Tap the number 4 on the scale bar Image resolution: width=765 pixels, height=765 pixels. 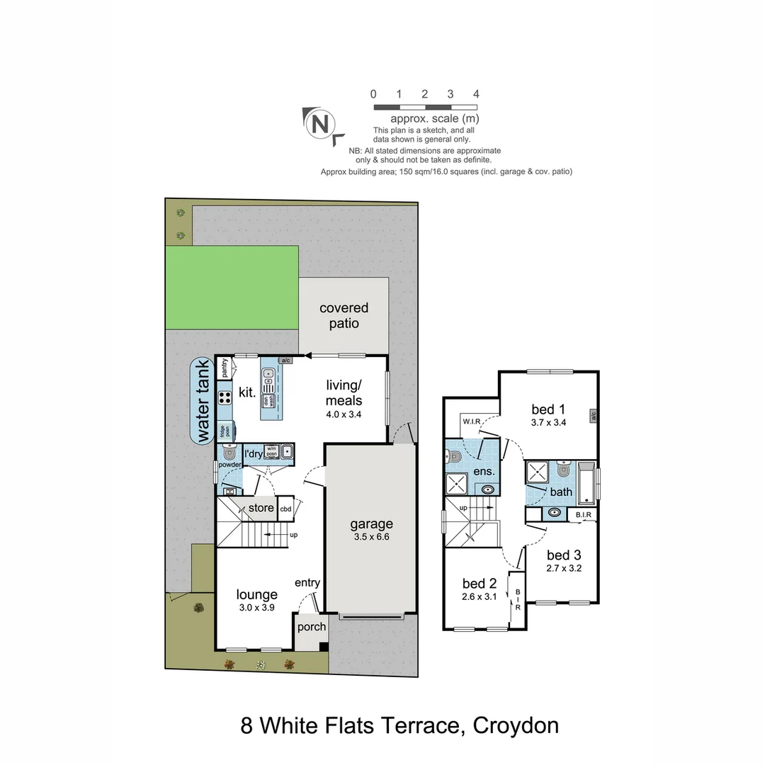point(476,94)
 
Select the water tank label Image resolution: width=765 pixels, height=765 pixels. point(203,400)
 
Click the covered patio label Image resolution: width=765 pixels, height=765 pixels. point(344,316)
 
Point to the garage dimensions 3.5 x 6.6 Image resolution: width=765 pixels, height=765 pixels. point(371,537)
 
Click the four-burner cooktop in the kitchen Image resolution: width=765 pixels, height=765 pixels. point(225,397)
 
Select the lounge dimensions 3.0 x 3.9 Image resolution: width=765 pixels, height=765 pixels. point(256,607)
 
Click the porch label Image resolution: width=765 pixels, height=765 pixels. point(311,627)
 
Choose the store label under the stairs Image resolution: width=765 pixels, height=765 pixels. point(261,508)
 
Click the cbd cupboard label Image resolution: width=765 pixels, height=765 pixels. point(285,509)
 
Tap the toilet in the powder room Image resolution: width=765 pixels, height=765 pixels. point(228,453)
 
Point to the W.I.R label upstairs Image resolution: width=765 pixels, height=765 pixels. point(472,422)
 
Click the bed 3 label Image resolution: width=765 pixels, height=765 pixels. point(564,555)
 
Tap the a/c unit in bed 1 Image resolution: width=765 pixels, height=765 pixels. point(593,415)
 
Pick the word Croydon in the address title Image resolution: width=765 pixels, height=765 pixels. point(515,726)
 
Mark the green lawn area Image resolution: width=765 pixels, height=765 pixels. point(232,288)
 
